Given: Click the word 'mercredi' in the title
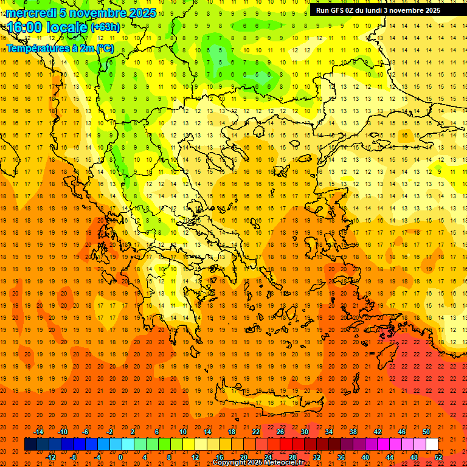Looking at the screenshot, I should point(32,13).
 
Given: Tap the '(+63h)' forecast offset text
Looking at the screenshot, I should point(105,27).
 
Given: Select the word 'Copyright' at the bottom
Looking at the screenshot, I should point(229,463).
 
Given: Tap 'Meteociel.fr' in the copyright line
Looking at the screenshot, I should point(284,463).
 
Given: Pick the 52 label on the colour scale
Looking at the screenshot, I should point(438,457).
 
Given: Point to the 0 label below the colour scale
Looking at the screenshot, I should point(121,457).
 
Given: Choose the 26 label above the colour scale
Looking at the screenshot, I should point(280,432).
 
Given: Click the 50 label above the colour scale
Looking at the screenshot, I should point(426,432).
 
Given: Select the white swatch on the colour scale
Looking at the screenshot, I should point(432,445).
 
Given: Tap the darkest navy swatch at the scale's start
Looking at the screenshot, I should point(30,445).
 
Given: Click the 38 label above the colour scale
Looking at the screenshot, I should point(353,432).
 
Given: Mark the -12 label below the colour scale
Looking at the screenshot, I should point(50,457).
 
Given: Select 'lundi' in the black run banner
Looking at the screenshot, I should point(376,10).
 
